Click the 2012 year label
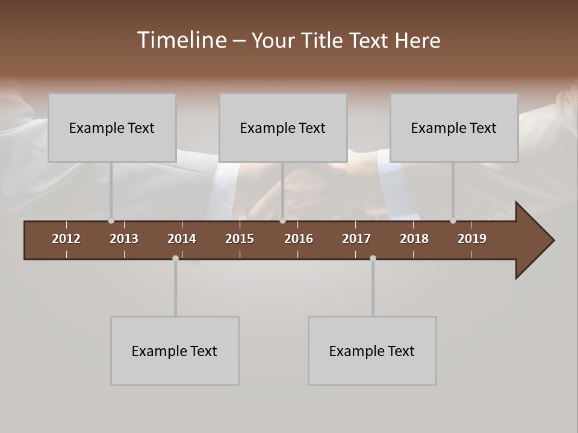point(66,239)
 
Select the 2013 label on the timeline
point(124,239)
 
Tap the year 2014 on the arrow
point(182,239)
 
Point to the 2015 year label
point(240,239)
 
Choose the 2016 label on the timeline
point(299,239)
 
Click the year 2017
point(356,239)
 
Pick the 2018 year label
point(414,239)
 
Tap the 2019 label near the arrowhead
point(472,239)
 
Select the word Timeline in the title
point(181,40)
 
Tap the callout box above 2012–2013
point(112,127)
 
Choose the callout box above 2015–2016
point(283,127)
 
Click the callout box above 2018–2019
point(454,127)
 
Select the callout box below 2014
point(175,351)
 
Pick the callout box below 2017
point(372,351)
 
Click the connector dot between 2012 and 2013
point(111,221)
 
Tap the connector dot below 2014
point(175,259)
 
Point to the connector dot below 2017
point(373,259)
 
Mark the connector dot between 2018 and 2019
point(453,221)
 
